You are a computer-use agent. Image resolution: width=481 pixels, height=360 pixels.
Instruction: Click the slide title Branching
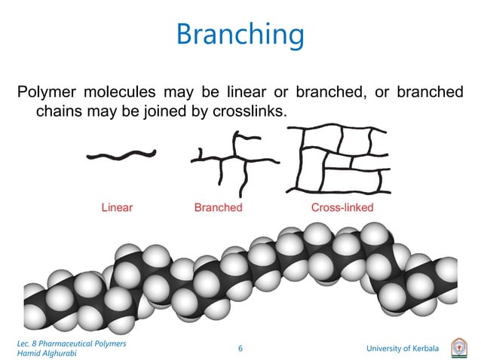(x=240, y=35)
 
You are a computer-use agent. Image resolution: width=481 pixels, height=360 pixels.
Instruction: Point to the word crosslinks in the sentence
(x=253, y=111)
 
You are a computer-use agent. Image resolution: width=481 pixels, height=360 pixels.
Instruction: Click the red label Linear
(x=117, y=208)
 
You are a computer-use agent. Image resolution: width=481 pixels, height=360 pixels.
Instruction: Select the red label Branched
(x=218, y=208)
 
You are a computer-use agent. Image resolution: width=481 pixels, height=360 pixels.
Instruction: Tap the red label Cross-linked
(x=342, y=208)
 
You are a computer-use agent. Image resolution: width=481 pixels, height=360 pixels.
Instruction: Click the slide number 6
(x=240, y=349)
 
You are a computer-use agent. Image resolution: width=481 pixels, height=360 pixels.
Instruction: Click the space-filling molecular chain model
(x=241, y=279)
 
